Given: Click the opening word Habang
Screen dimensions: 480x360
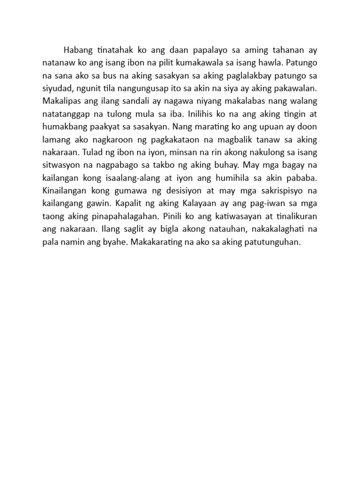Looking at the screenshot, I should click(x=78, y=50).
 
